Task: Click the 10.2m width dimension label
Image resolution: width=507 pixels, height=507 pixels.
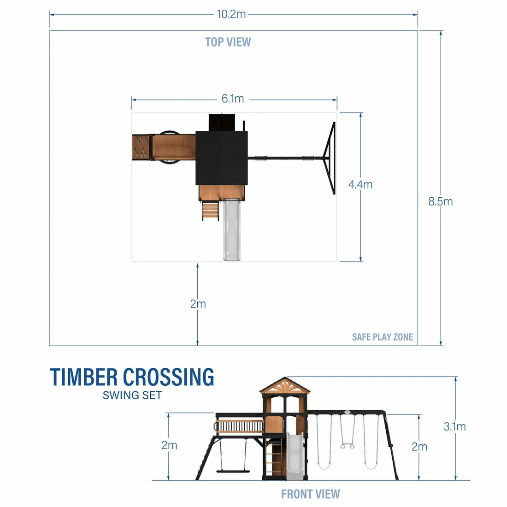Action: coord(231,14)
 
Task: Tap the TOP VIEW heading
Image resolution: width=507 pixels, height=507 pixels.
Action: coord(228,42)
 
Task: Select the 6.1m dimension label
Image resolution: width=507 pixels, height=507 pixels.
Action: coord(233,99)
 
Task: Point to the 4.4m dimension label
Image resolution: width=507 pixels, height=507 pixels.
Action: coord(360,184)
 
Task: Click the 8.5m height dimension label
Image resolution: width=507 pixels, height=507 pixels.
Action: coord(440,201)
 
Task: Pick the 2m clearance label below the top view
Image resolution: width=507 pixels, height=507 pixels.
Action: coord(198,304)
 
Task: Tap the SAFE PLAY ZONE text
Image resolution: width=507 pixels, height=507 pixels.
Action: coord(382,337)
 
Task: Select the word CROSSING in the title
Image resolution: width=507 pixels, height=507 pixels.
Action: coord(169,377)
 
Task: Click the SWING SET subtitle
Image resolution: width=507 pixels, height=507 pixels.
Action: coord(132,395)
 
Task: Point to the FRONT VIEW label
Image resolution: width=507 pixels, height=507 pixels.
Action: coord(310,494)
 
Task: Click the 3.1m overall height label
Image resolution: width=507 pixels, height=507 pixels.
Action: coord(454,426)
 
